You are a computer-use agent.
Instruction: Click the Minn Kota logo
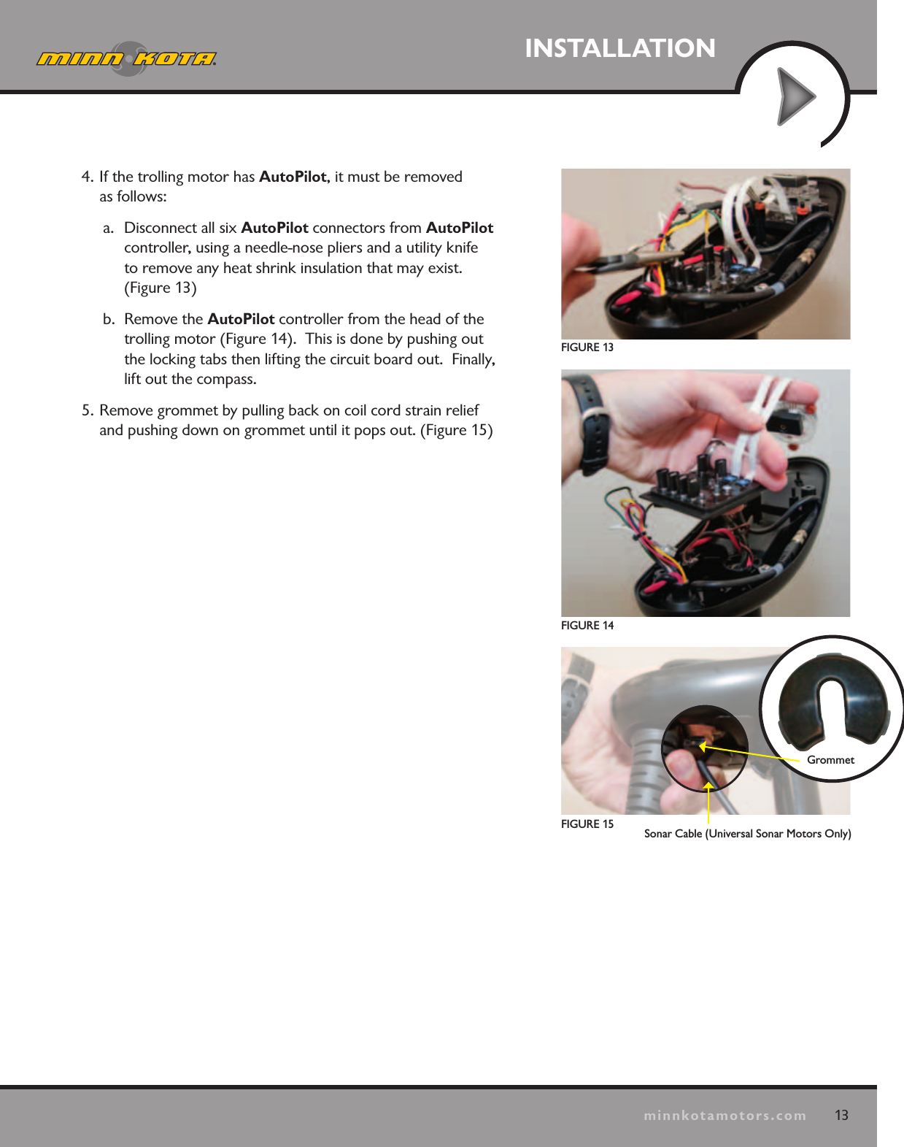(127, 58)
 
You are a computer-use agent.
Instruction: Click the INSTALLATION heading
(619, 48)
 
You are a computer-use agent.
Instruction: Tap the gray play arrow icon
(795, 96)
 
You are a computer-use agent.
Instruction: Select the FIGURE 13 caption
(587, 348)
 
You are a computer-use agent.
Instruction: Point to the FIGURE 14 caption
(587, 626)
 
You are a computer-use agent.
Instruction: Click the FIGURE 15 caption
(587, 824)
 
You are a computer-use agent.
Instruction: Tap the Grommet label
(830, 760)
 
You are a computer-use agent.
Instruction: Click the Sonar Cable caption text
(747, 834)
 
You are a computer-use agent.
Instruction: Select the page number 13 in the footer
(841, 1115)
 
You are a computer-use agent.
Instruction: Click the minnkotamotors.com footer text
(725, 1116)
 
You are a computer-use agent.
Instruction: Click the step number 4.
(87, 177)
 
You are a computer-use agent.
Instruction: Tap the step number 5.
(87, 410)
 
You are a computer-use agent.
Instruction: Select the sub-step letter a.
(108, 228)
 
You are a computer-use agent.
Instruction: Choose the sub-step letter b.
(108, 319)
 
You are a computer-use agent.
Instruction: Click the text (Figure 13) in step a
(161, 288)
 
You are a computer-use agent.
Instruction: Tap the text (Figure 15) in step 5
(457, 430)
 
